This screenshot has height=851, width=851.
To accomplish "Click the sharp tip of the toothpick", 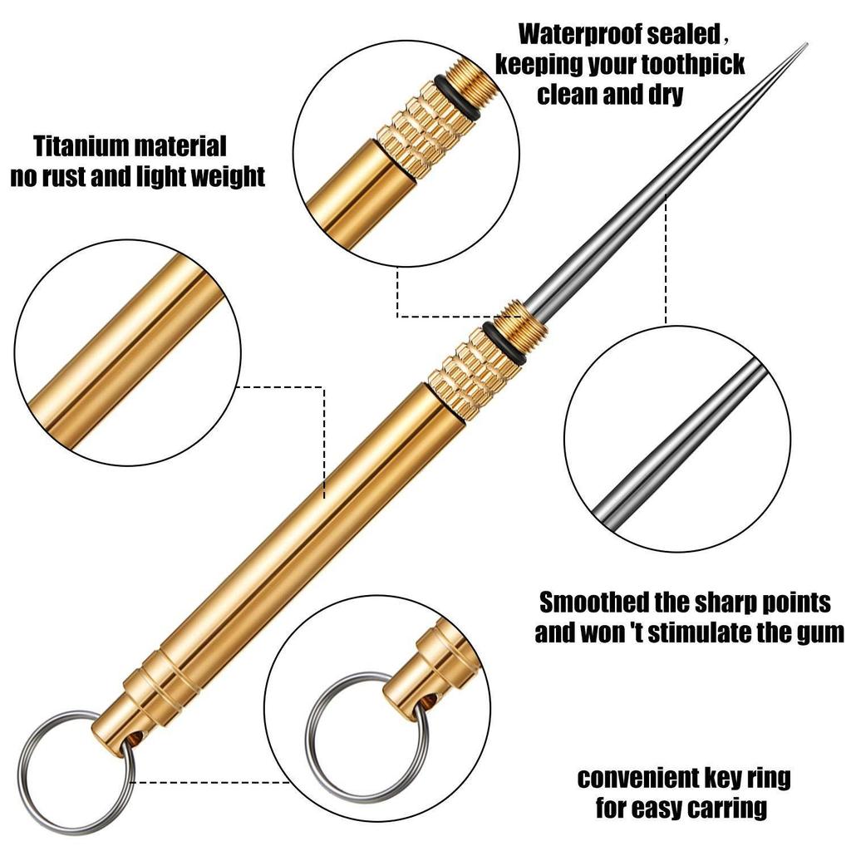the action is (x=806, y=45).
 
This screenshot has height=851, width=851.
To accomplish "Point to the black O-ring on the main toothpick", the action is (x=504, y=344).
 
